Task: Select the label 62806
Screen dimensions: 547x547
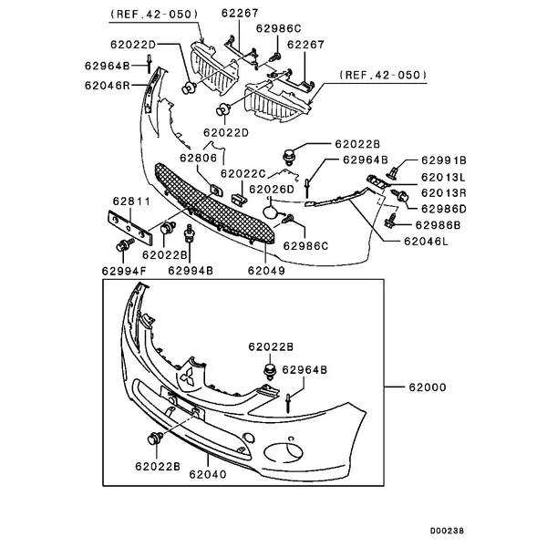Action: pyautogui.click(x=197, y=158)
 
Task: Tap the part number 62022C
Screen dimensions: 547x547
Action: pyautogui.click(x=244, y=173)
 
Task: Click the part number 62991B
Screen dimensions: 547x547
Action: pyautogui.click(x=442, y=159)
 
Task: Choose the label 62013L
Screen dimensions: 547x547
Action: pyautogui.click(x=442, y=177)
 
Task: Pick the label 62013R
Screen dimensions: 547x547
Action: pyautogui.click(x=442, y=193)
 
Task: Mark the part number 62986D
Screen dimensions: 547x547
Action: pyautogui.click(x=442, y=209)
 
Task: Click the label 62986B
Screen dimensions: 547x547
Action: pyautogui.click(x=439, y=224)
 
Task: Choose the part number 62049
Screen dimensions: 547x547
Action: pyautogui.click(x=266, y=271)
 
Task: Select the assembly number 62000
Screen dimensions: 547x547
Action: pyautogui.click(x=428, y=387)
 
